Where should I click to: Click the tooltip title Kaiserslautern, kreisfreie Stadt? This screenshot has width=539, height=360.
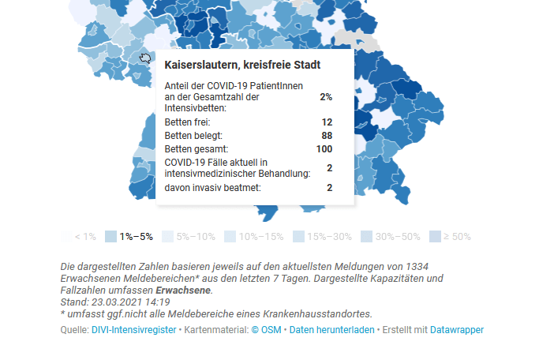click(242, 65)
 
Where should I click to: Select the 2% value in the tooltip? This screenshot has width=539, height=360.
click(326, 97)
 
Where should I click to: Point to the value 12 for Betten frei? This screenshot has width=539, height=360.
click(327, 122)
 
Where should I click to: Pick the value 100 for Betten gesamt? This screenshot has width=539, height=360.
click(324, 148)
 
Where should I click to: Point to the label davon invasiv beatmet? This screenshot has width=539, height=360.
click(212, 188)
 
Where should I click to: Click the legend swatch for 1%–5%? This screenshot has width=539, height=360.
click(110, 236)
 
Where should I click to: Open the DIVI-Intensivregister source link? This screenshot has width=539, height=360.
click(134, 330)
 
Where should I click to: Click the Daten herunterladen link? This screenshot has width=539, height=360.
click(331, 330)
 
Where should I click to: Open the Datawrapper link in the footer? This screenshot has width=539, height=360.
click(457, 330)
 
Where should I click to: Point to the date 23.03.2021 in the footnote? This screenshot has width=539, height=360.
click(114, 302)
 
